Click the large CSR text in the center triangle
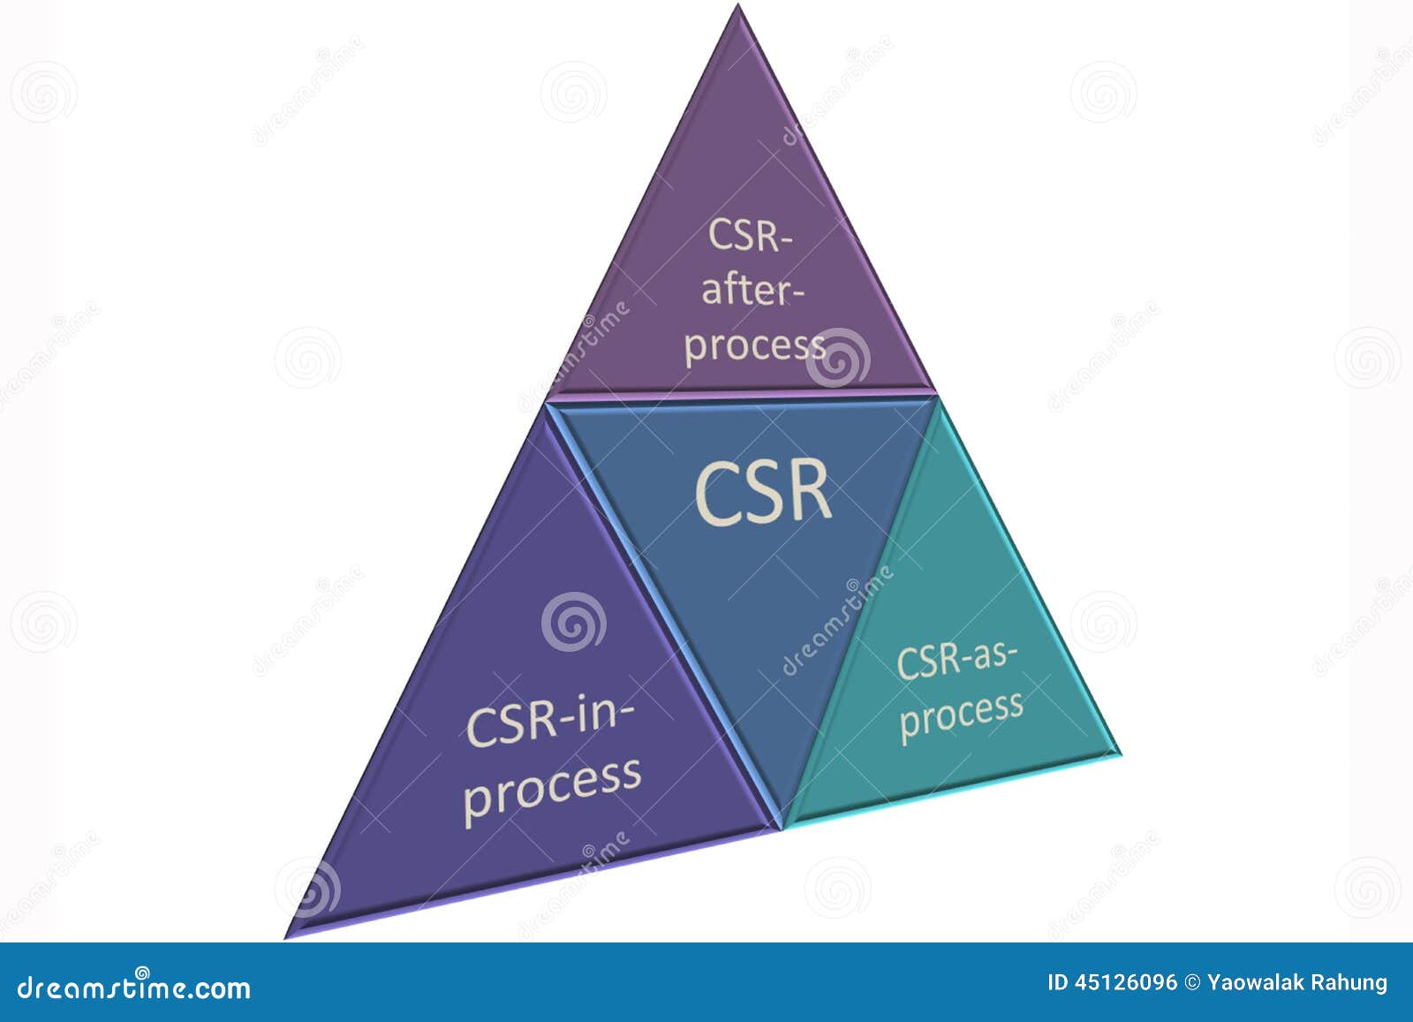[764, 492]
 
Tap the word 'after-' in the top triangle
[752, 291]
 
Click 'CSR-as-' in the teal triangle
[957, 660]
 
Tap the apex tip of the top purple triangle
[738, 7]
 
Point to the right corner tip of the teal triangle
[1119, 753]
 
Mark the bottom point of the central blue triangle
[781, 827]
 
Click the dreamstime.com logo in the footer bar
[134, 987]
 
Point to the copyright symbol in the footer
[1192, 982]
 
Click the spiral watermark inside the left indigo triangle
[574, 622]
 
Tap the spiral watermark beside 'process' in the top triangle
[837, 357]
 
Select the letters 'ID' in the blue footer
[1057, 982]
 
